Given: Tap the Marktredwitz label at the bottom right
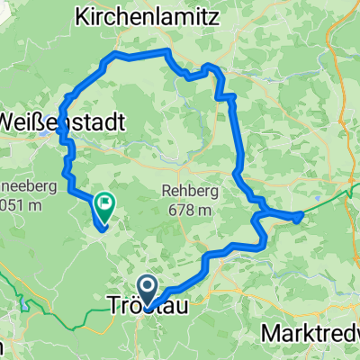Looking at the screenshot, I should click(x=310, y=334).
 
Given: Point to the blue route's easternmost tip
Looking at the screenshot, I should click(x=300, y=215).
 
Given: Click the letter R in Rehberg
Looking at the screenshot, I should click(x=166, y=190).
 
